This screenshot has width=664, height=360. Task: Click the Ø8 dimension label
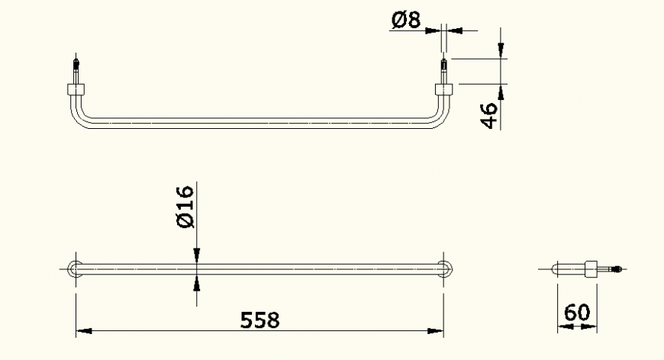pyautogui.click(x=405, y=21)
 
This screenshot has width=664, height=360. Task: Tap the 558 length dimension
pyautogui.click(x=259, y=320)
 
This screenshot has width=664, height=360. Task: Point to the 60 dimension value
pyautogui.click(x=576, y=313)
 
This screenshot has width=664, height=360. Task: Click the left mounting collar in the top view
pyautogui.click(x=77, y=89)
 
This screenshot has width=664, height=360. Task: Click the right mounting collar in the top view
pyautogui.click(x=443, y=89)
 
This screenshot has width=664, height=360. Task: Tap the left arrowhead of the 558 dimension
pyautogui.click(x=84, y=332)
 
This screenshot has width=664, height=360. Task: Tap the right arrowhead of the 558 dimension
pyautogui.click(x=436, y=332)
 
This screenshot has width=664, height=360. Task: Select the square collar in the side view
pyautogui.click(x=590, y=268)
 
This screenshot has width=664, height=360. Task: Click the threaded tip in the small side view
pyautogui.click(x=620, y=268)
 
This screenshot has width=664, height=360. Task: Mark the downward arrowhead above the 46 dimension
pyautogui.click(x=501, y=50)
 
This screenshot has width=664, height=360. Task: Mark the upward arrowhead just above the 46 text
pyautogui.click(x=501, y=92)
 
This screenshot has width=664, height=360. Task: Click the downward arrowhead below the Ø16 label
pyautogui.click(x=197, y=254)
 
